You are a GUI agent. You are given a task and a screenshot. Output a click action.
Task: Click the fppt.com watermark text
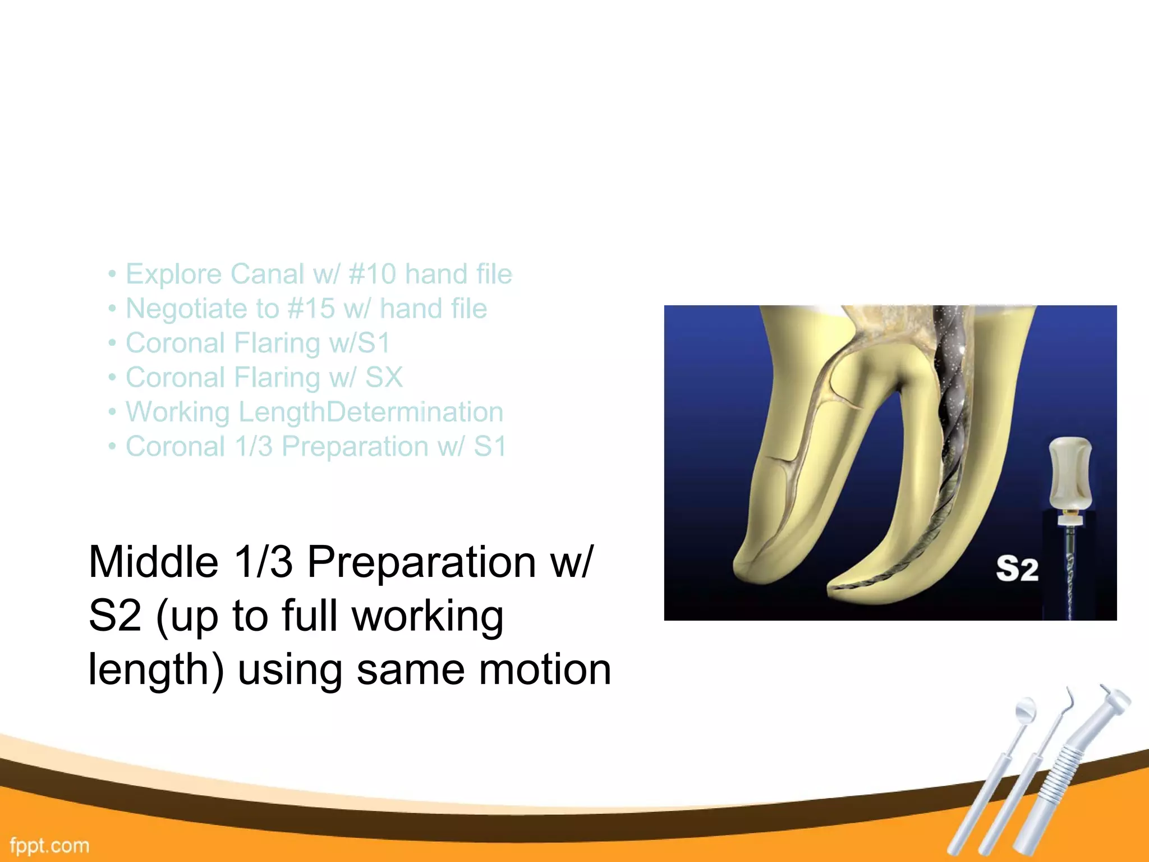(49, 846)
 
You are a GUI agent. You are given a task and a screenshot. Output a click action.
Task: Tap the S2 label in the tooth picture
(1017, 569)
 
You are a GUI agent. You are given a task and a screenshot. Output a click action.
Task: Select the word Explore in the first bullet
(174, 274)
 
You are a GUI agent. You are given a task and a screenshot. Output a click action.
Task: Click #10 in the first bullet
(372, 274)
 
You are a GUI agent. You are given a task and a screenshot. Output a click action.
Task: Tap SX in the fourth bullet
(384, 377)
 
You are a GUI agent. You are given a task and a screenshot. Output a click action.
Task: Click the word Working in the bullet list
(177, 412)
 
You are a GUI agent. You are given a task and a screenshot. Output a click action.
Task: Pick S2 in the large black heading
(114, 616)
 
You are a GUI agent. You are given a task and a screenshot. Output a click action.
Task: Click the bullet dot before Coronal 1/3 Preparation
(112, 447)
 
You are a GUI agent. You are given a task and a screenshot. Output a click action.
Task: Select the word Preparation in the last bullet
(355, 447)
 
